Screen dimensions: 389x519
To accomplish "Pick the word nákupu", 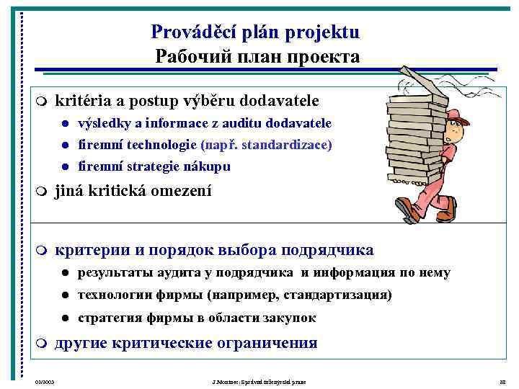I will pos(211,166).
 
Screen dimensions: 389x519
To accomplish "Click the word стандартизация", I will pos(336,295).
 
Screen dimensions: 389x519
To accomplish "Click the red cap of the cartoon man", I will pos(457,116).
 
